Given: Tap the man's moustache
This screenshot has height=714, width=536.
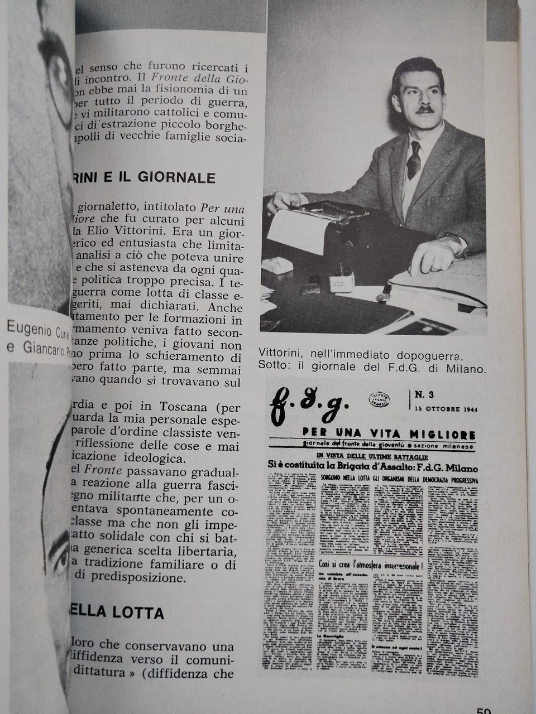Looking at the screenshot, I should (425, 109).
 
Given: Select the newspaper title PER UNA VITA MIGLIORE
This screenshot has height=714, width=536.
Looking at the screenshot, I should (388, 434).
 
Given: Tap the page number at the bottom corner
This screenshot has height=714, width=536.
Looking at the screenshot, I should (484, 710).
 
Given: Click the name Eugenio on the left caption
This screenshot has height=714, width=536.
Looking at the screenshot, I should (28, 327).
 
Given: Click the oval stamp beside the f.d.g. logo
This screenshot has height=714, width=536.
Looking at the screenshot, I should (381, 398).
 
